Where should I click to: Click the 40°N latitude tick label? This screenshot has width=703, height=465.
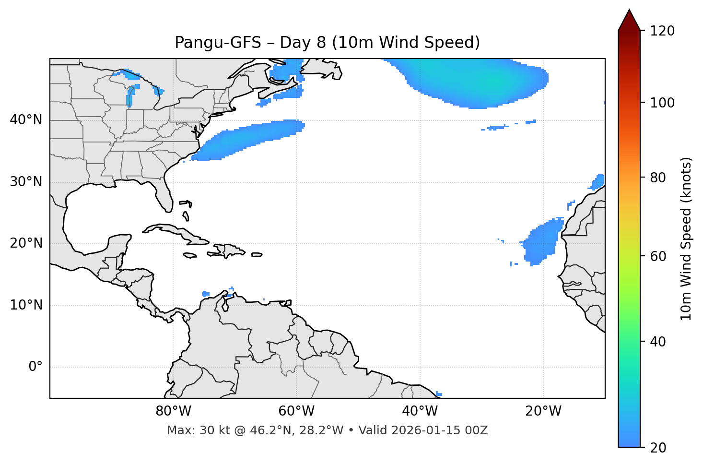(26, 120)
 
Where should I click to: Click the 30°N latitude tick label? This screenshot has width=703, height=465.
(26, 182)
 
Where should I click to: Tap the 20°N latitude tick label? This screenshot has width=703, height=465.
(26, 243)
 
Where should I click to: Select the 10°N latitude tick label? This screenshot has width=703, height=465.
(26, 305)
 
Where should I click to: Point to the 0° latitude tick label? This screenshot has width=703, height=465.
(35, 367)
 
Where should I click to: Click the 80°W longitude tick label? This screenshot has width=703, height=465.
(173, 411)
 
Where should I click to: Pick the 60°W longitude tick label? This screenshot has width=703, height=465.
(296, 411)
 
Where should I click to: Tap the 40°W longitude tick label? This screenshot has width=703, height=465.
(420, 411)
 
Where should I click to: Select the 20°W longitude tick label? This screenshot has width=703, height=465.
(543, 411)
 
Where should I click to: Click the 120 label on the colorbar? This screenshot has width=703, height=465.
(662, 31)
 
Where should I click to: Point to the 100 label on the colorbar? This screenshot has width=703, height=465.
(662, 103)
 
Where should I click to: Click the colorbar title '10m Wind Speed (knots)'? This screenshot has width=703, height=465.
(686, 238)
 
